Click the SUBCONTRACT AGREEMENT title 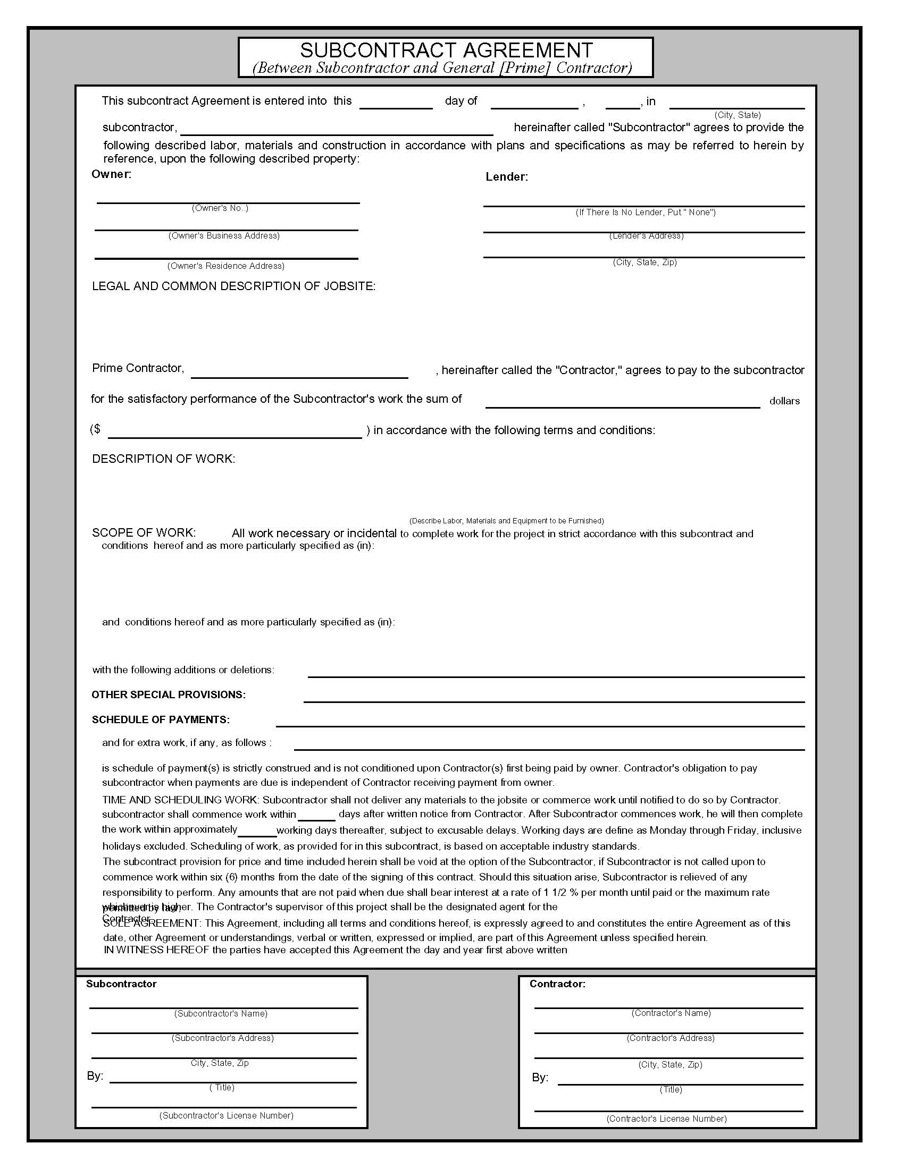pyautogui.click(x=446, y=50)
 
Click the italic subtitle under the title pyautogui.click(x=442, y=68)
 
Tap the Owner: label pyautogui.click(x=111, y=174)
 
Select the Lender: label pyautogui.click(x=506, y=177)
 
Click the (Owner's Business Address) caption pyautogui.click(x=224, y=235)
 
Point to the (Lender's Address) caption pyautogui.click(x=646, y=236)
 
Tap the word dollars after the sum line pyautogui.click(x=784, y=401)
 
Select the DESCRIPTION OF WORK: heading pyautogui.click(x=163, y=459)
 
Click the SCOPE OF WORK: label pyautogui.click(x=144, y=532)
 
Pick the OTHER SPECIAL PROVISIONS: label pyautogui.click(x=168, y=694)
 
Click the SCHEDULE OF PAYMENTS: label pyautogui.click(x=160, y=719)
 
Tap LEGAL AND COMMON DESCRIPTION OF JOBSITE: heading pyautogui.click(x=233, y=286)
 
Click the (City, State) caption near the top pyautogui.click(x=737, y=115)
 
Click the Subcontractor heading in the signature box pyautogui.click(x=121, y=984)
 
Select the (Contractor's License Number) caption pyautogui.click(x=666, y=1119)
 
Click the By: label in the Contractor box pyautogui.click(x=540, y=1078)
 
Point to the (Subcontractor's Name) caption pyautogui.click(x=221, y=1013)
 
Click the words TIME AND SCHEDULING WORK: pyautogui.click(x=180, y=800)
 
